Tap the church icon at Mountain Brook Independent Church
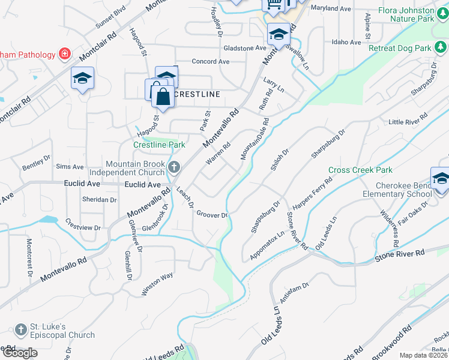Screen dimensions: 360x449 (x=174, y=167)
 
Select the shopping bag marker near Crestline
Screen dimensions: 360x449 (x=163, y=96)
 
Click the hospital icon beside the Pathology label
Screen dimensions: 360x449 (x=64, y=55)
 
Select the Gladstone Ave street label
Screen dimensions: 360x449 (x=244, y=48)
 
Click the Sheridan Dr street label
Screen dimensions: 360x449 (x=100, y=200)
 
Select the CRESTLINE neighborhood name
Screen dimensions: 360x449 (x=197, y=94)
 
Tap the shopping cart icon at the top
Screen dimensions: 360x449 (x=274, y=5)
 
